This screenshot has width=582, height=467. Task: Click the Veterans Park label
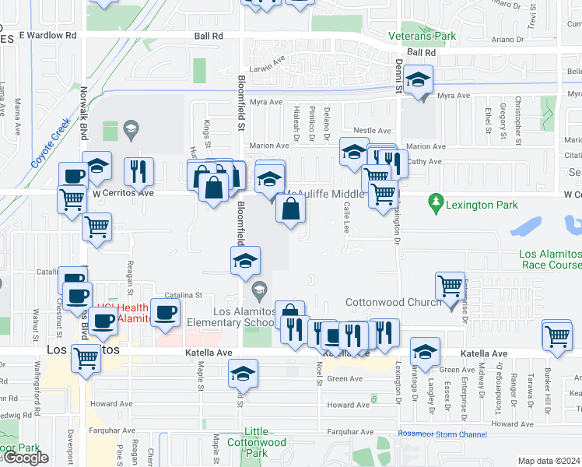tap(422, 36)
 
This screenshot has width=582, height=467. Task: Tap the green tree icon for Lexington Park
tap(436, 205)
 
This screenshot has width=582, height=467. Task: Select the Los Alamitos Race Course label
tap(550, 259)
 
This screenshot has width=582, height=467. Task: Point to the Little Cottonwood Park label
tap(266, 442)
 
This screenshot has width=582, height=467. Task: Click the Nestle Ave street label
tap(372, 131)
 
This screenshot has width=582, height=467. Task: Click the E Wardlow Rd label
tap(48, 36)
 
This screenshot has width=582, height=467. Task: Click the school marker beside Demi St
tap(419, 80)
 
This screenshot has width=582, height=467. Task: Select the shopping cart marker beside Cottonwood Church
tap(451, 286)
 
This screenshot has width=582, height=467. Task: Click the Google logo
tap(25, 458)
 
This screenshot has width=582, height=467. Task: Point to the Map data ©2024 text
tap(549, 461)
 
